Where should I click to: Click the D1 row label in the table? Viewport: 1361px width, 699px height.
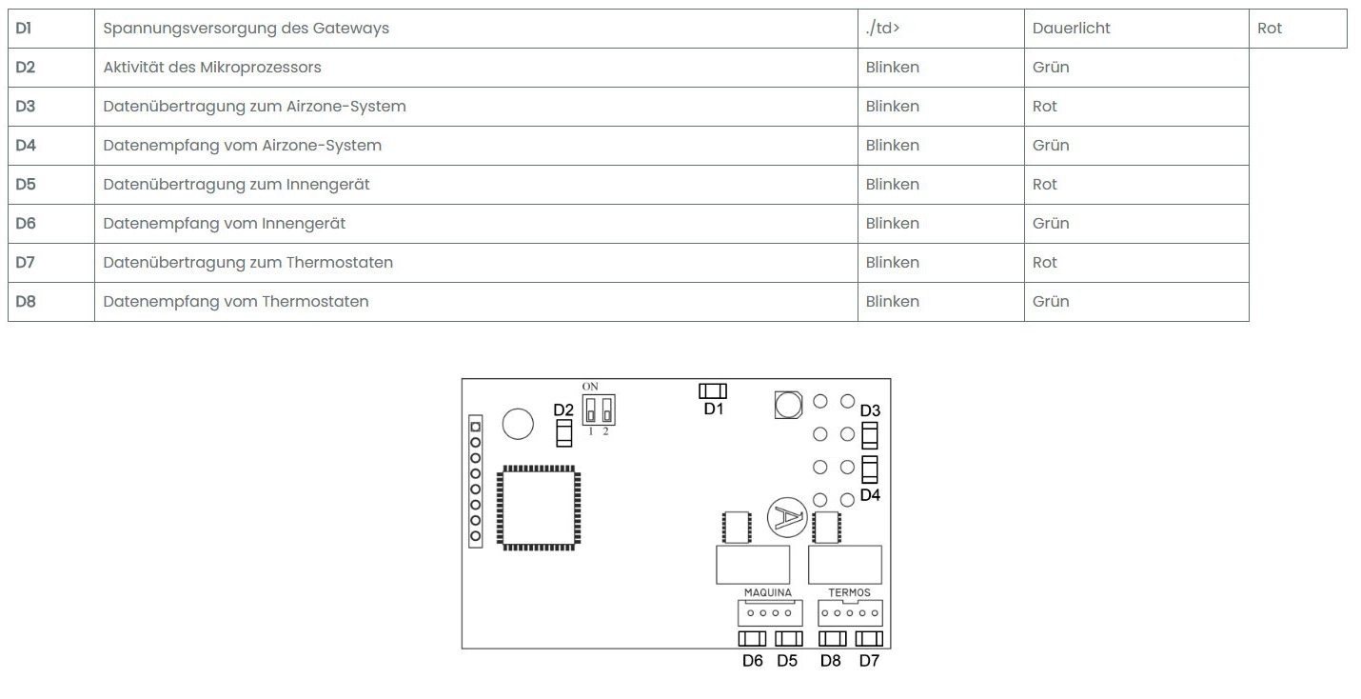(24, 29)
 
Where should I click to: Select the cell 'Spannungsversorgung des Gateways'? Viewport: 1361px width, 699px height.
(246, 29)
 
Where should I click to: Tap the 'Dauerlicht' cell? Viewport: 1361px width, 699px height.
(1071, 29)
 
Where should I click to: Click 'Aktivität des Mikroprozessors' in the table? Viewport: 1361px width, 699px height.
(212, 68)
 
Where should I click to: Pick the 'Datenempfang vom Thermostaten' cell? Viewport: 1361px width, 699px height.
(235, 302)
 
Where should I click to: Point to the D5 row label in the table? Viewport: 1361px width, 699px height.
(25, 185)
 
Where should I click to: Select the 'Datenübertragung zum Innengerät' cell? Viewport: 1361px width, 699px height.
(236, 185)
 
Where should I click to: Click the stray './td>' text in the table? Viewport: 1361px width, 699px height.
(882, 29)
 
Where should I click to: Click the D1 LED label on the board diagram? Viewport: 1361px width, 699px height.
(714, 409)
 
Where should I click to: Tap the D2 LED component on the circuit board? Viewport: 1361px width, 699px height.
(563, 435)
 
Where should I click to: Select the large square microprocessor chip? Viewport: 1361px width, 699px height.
(539, 507)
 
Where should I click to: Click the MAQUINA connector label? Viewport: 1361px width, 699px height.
(767, 592)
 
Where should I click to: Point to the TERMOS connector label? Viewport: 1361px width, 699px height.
(849, 592)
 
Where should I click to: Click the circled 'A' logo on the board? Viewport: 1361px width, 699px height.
(787, 517)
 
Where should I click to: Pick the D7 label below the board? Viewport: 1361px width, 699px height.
(869, 661)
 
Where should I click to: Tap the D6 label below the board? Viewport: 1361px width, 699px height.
(753, 661)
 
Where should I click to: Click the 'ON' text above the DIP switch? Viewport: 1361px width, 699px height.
(590, 386)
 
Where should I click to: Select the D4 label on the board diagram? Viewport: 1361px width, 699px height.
(870, 495)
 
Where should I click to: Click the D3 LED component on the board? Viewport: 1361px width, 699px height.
(869, 436)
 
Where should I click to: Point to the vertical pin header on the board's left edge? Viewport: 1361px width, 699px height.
(476, 481)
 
